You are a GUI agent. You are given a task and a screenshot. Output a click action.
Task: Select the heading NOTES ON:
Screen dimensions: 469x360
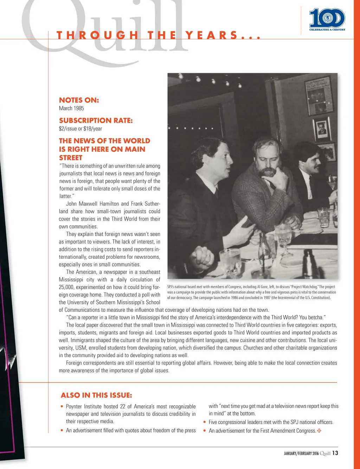coord(79,100)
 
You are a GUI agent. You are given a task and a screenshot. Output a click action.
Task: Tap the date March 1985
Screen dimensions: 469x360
coord(71,108)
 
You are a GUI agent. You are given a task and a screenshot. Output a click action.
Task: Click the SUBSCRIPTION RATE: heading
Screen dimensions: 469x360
coord(96,121)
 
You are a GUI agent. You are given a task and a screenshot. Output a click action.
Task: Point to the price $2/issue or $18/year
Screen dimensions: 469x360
coord(80,129)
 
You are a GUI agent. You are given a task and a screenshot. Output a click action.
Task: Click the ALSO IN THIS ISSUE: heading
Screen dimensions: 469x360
coord(96,395)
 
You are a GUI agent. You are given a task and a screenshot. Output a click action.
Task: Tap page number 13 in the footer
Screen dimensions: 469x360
coord(335,453)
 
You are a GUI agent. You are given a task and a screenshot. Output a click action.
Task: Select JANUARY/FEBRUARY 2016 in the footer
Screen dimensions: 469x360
coord(301,454)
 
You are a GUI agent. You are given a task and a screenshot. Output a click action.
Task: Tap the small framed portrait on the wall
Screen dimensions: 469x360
coord(321,129)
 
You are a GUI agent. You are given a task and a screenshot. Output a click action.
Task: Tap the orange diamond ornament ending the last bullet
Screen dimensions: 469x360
coord(319,431)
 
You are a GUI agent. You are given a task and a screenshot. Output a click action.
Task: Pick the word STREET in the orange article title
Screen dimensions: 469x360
coord(71,158)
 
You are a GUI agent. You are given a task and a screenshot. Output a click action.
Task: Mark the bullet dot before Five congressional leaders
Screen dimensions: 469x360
coord(205,422)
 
